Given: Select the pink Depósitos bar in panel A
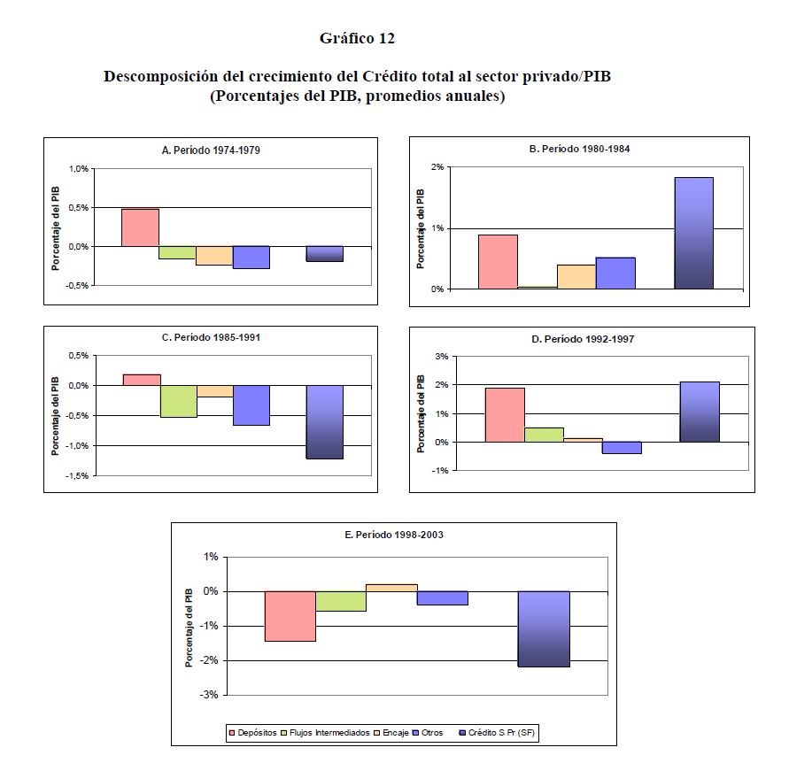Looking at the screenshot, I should click(x=140, y=227).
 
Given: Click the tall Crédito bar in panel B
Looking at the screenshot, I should click(x=693, y=233).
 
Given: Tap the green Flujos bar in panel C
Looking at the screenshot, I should click(x=178, y=401).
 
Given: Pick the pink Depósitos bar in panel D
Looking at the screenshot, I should click(x=505, y=414).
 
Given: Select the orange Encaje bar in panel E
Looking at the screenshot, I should click(x=391, y=588).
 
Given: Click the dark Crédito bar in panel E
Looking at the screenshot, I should click(x=544, y=628).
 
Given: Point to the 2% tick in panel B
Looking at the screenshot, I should click(x=437, y=167).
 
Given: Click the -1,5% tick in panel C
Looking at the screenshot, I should click(x=78, y=475).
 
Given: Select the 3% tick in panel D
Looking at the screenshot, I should click(x=443, y=356).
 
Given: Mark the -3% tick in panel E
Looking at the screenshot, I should click(x=210, y=695).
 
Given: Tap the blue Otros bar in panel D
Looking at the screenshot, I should click(x=622, y=448).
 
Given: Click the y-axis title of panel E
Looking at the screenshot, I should click(x=189, y=626).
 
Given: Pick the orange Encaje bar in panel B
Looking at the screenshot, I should click(x=576, y=277).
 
